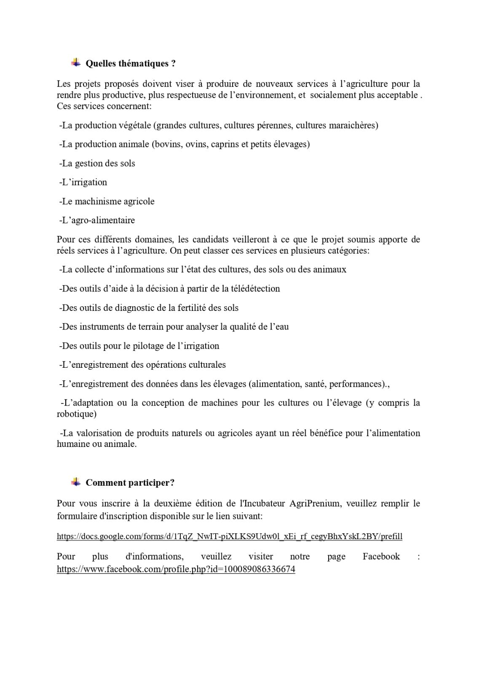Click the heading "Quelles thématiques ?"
pos(131,64)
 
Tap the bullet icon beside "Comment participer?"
pos(76,482)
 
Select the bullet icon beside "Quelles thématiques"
pos(76,63)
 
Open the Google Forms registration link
pos(229,536)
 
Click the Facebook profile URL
pos(176,570)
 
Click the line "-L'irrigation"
pos(83,182)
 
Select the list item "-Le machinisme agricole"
pos(107,201)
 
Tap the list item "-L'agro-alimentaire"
pos(97,220)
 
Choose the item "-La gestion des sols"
pos(97,163)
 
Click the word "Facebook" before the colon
pos(381,556)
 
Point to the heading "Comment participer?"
pos(130,483)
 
